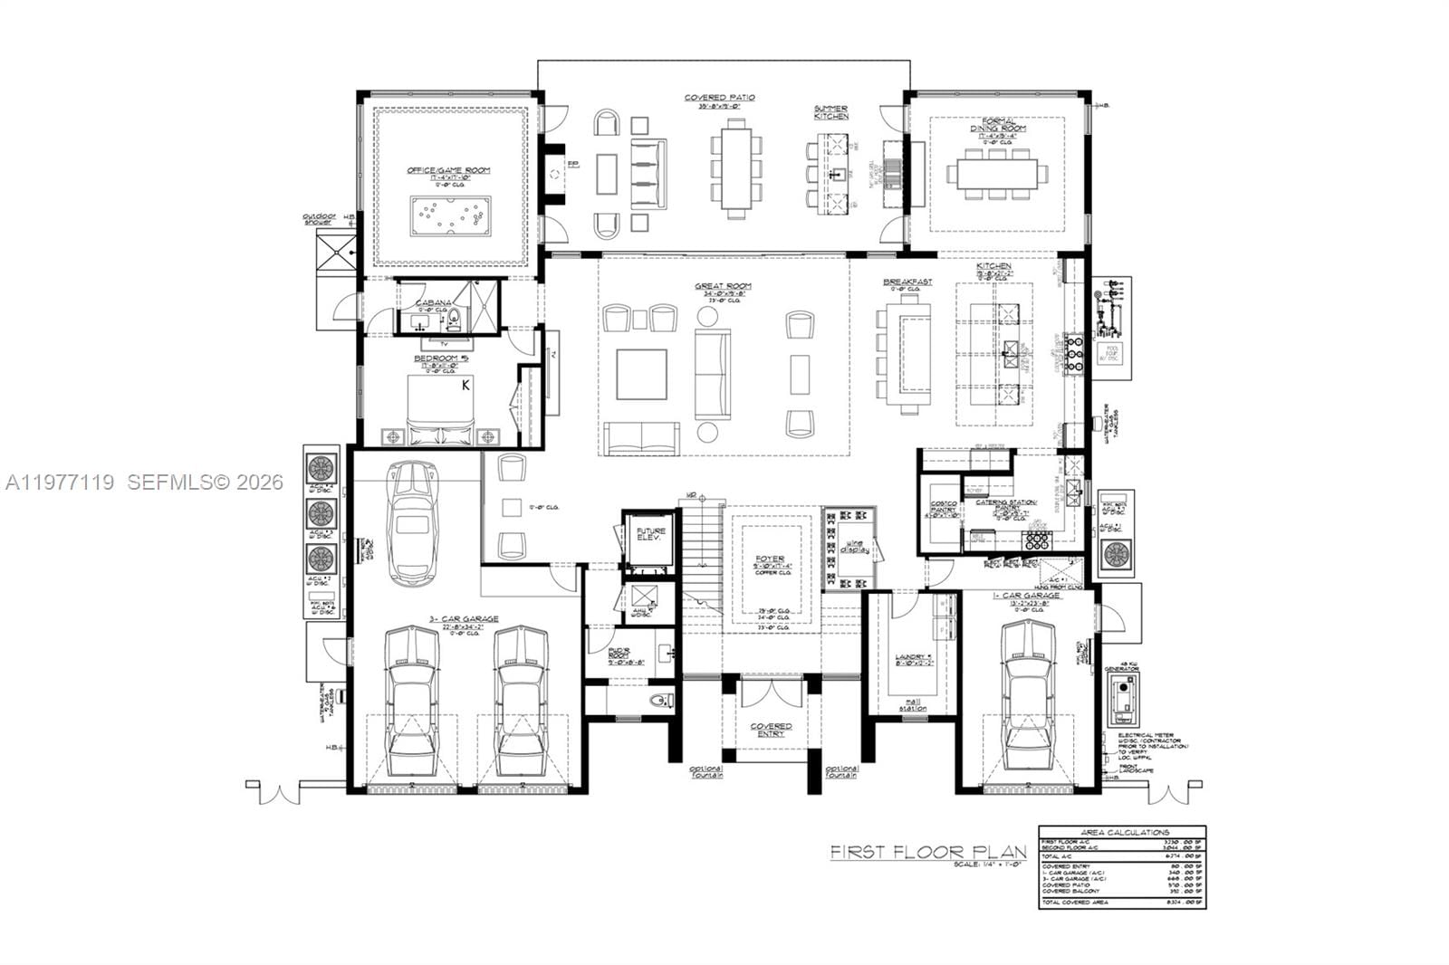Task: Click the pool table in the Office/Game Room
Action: (x=450, y=215)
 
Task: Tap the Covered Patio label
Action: (x=719, y=97)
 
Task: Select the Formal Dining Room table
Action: (x=997, y=173)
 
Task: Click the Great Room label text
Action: (x=723, y=286)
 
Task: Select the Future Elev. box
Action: (x=650, y=535)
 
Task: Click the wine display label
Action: (x=854, y=546)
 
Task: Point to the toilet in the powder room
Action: (x=660, y=700)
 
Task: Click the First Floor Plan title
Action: (x=928, y=851)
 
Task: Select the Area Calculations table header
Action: (x=1124, y=832)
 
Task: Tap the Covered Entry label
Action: (x=771, y=730)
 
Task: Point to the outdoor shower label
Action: (x=320, y=218)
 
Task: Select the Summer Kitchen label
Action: (x=830, y=112)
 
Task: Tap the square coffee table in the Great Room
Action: (x=641, y=374)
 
